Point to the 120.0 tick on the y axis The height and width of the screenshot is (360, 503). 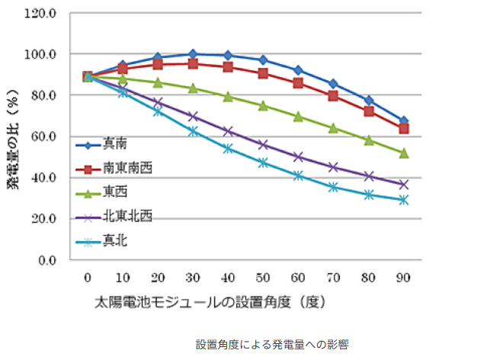pos(43,13)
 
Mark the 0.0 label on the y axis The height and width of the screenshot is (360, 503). pos(48,260)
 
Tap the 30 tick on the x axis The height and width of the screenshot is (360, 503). pos(193,277)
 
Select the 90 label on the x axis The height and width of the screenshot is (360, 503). pos(404,277)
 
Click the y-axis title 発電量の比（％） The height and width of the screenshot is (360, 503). pos(13,137)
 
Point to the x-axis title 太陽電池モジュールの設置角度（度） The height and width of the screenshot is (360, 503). pos(210,301)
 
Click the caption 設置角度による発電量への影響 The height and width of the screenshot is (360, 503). pos(271,344)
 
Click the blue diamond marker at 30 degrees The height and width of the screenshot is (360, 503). pos(193,54)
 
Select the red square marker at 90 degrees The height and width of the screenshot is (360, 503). pos(404,128)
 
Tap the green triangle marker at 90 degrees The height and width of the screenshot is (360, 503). pos(404,153)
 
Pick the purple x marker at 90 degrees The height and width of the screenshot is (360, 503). pos(404,185)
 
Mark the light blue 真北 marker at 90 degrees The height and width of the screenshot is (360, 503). pos(404,200)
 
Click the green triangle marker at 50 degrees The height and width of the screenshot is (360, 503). pos(263,105)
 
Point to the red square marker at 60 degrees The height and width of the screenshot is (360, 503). pos(298,82)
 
